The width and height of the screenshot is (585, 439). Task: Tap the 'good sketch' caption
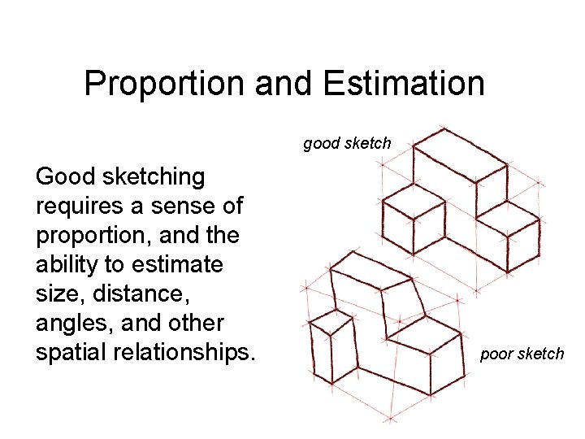point(347,144)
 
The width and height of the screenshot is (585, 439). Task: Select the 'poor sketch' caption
point(522,354)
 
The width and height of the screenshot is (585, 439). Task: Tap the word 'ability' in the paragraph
point(69,265)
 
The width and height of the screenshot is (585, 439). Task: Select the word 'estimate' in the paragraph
point(178,265)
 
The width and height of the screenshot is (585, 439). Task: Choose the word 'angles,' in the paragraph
point(71,324)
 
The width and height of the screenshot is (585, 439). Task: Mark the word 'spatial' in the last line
point(70,353)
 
